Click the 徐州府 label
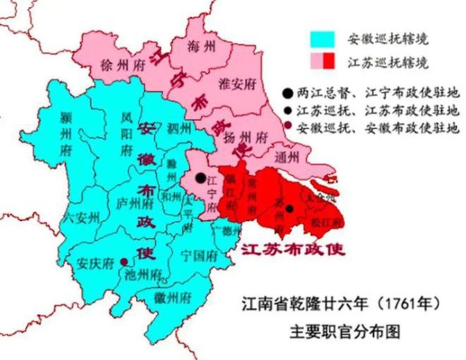click(x=121, y=65)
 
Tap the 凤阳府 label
click(x=127, y=133)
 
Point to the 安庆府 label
click(x=95, y=263)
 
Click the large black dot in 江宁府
click(x=200, y=178)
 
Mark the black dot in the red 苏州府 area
click(x=290, y=209)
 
